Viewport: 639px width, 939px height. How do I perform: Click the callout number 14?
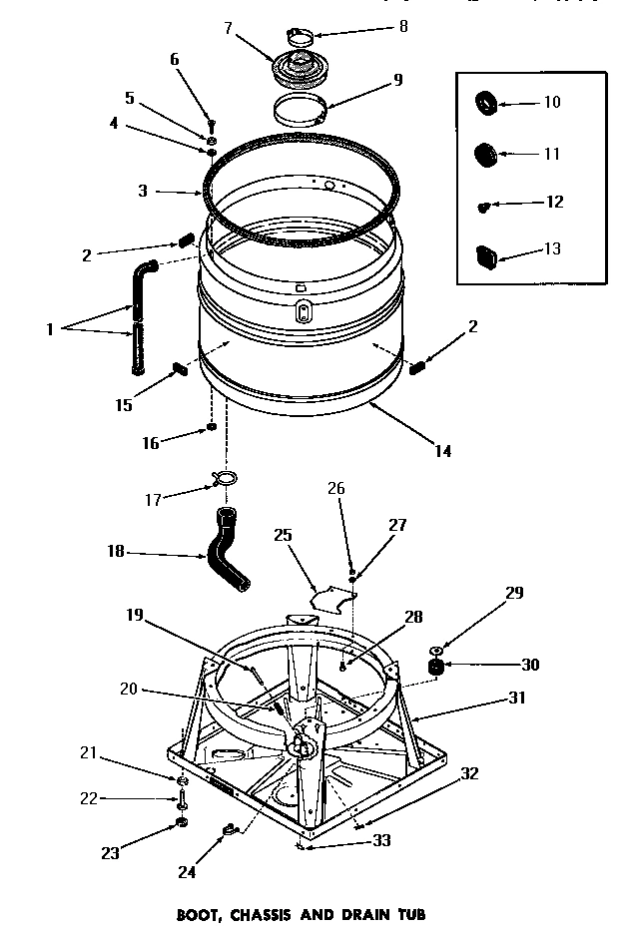coord(442,451)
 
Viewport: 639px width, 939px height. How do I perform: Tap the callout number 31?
coord(516,699)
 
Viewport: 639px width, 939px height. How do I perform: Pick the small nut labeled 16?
coord(212,428)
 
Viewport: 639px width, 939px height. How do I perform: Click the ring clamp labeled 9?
coord(300,113)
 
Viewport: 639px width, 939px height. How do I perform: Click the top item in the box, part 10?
coord(486,102)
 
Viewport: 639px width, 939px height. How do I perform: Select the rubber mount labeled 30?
coord(435,667)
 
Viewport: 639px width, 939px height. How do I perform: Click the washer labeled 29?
coord(436,646)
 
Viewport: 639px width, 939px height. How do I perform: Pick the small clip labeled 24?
coord(230,827)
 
